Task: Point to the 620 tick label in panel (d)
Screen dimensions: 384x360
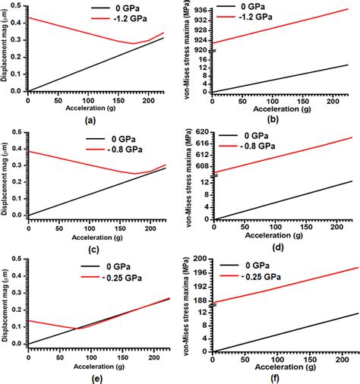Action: pos(200,132)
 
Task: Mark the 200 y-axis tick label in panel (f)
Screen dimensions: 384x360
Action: pos(200,260)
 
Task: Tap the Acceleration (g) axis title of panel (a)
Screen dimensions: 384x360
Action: pos(94,107)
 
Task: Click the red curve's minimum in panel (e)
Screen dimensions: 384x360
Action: pos(77,328)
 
